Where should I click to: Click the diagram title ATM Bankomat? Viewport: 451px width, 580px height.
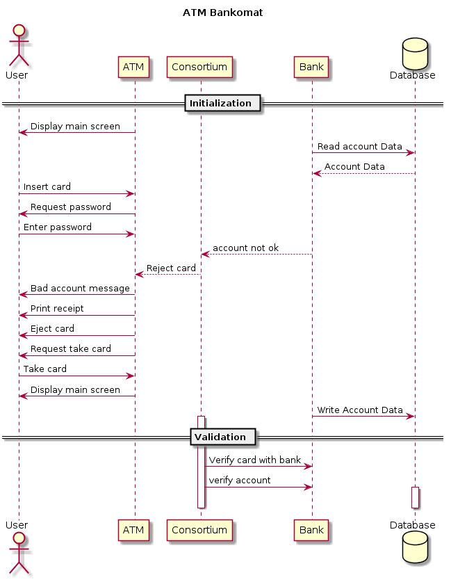point(222,13)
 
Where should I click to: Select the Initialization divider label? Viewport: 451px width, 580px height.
point(220,104)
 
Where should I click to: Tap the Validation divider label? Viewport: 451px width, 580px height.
point(220,437)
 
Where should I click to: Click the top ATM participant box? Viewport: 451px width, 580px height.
point(133,67)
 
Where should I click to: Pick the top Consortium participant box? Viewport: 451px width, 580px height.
point(199,67)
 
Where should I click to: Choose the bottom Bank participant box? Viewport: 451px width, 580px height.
point(311,531)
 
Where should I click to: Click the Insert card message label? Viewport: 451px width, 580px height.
point(47,188)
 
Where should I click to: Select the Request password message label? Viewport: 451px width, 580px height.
point(70,207)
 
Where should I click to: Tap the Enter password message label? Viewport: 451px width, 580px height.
point(58,227)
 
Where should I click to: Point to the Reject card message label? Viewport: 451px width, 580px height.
point(171,268)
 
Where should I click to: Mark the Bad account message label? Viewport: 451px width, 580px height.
point(80,288)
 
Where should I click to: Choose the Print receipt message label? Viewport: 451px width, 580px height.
point(57,308)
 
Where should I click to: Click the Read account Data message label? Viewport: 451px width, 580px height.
point(360,147)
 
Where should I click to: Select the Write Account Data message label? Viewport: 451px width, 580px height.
point(360,410)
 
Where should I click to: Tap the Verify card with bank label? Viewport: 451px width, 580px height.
point(255,460)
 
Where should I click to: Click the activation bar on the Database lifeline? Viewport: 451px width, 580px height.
point(415,497)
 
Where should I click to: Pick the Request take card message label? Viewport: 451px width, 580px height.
point(71,348)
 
